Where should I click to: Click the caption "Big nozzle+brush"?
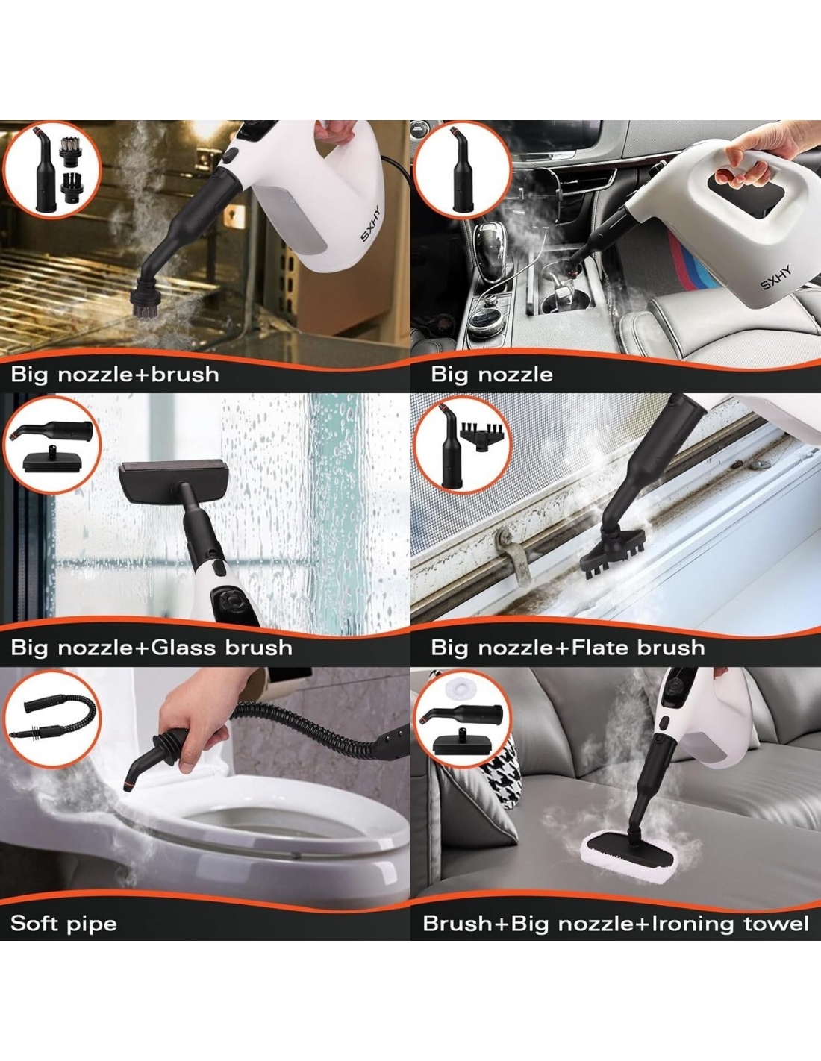point(115,375)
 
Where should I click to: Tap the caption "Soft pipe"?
point(63,923)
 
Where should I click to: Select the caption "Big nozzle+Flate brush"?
point(567,648)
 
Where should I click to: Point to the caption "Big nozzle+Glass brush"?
point(152,648)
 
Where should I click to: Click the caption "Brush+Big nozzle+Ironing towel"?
point(616,923)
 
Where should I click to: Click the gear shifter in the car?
point(491,254)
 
